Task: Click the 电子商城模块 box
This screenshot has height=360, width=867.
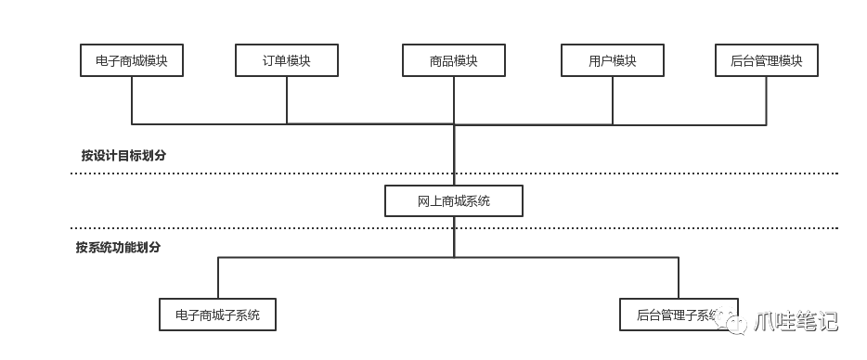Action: pos(131,61)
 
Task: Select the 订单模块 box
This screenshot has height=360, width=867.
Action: pos(286,61)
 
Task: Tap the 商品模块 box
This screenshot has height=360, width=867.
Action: pos(454,61)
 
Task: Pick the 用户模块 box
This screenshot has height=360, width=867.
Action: pos(613,61)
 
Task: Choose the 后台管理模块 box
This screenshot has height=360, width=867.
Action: pos(767,61)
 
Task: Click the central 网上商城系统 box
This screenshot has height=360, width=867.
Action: pos(454,201)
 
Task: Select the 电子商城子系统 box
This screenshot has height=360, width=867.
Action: pos(218,315)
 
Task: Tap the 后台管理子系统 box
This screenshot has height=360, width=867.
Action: pos(678,315)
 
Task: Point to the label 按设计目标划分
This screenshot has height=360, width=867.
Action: pos(123,155)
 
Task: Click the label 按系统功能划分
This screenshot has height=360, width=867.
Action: pos(118,248)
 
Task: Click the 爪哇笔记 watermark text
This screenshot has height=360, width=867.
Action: pos(796,321)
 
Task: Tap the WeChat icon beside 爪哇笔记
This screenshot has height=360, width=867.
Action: pos(735,321)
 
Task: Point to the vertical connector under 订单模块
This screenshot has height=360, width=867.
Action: pos(287,99)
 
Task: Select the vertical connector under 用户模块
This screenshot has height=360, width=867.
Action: pos(613,99)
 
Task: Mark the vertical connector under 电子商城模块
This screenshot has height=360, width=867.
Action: pos(132,99)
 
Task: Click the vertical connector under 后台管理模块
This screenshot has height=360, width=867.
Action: pos(767,99)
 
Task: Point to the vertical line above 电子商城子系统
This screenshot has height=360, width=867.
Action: pos(218,278)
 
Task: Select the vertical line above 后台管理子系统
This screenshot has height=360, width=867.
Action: pos(679,278)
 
